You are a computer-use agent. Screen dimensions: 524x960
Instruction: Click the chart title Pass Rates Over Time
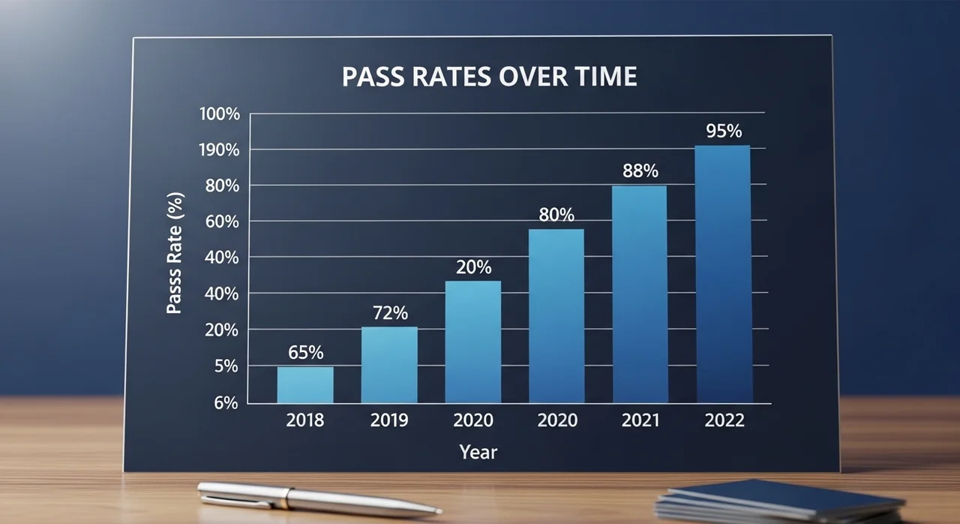pos(489,77)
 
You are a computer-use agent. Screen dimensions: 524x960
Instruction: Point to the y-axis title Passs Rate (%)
pos(175,254)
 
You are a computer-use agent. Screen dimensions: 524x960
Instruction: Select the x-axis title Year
pos(478,452)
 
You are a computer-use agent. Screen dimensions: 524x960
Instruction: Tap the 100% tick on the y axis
pos(220,115)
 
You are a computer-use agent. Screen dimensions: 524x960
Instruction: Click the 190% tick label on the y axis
pos(220,150)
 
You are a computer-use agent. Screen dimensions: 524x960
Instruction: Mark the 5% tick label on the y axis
pos(226,366)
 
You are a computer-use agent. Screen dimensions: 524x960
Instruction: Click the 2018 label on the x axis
pos(305,420)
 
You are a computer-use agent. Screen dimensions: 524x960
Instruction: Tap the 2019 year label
pos(389,420)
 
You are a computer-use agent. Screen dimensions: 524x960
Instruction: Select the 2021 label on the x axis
pos(640,420)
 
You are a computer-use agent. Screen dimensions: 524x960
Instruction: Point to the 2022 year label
pos(724,420)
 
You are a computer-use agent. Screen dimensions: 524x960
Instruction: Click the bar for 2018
pos(305,385)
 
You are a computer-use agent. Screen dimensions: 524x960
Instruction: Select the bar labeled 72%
pos(389,365)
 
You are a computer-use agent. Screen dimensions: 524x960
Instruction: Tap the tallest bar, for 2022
pos(723,274)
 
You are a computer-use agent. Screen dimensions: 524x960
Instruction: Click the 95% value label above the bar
pos(724,131)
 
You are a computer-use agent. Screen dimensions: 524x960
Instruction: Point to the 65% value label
pos(305,352)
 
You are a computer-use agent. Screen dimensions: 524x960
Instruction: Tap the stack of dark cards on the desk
pos(780,501)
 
